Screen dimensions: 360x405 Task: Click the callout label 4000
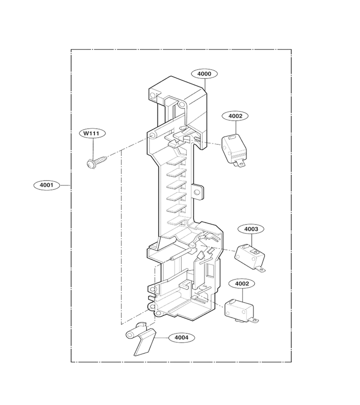[x=204, y=74]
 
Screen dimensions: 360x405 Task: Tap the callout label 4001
[x=47, y=185]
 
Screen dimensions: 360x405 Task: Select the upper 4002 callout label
[x=235, y=116]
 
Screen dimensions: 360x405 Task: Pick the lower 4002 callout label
[x=242, y=283]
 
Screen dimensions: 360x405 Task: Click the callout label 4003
[x=251, y=229]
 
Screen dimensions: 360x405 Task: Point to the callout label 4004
[x=181, y=337]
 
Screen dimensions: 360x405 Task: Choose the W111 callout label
[x=92, y=134]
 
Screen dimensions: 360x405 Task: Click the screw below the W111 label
[x=96, y=162]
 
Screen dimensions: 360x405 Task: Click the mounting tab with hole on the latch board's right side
[x=198, y=192]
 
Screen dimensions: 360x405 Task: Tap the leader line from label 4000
[x=205, y=84]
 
